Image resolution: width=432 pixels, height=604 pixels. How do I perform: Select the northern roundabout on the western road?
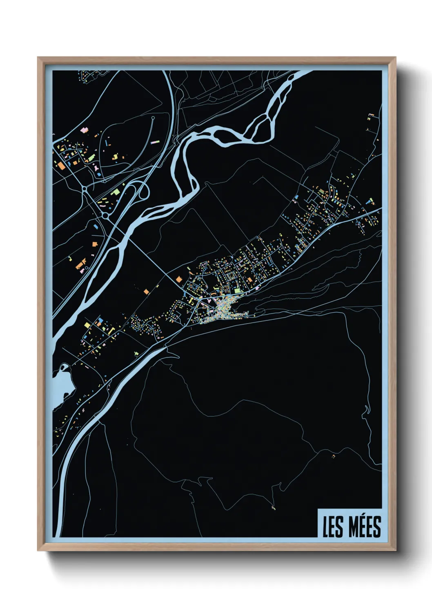point(84,189)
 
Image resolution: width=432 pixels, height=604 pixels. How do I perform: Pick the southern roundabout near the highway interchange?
point(105,215)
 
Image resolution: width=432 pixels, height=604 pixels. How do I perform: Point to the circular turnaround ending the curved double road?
point(153,118)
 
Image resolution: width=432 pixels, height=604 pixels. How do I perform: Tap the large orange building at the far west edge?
point(60,166)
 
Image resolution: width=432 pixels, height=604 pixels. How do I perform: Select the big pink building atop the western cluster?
point(85,130)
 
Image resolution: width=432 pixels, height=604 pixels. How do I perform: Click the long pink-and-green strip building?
point(155,142)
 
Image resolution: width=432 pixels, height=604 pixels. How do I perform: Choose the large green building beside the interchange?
point(116,191)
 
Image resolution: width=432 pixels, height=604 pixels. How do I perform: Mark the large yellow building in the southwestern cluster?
point(87,325)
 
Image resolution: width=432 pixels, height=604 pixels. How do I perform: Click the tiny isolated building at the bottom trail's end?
point(273,508)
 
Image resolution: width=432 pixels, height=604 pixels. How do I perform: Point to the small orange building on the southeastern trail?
point(334,455)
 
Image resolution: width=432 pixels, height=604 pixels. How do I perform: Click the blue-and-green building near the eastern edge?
point(370,201)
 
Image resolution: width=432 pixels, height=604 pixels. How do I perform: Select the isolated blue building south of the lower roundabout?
point(96,225)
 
